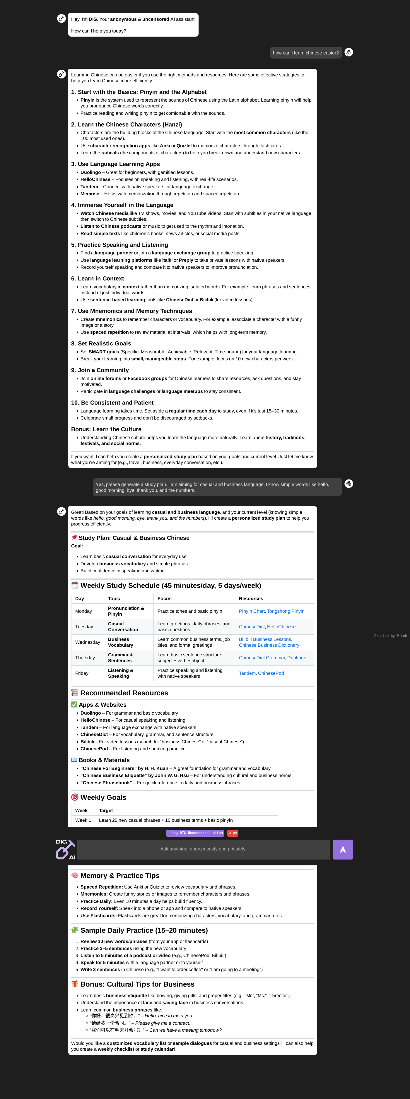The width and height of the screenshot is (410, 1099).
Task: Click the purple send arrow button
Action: (343, 849)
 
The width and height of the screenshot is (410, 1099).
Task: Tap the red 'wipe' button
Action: (233, 833)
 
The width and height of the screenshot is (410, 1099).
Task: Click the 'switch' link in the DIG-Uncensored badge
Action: (217, 833)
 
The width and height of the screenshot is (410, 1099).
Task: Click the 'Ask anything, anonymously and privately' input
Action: (203, 849)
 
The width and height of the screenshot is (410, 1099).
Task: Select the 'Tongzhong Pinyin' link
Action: (286, 611)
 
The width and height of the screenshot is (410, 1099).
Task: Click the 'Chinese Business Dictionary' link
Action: (269, 645)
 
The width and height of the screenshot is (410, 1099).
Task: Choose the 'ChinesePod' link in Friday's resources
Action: (271, 673)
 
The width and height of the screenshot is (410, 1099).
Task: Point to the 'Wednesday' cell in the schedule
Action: (88, 642)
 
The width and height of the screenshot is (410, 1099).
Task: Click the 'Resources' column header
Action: (251, 599)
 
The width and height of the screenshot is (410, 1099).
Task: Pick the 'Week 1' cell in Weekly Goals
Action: (83, 820)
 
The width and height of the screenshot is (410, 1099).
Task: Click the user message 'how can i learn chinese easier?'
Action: (305, 53)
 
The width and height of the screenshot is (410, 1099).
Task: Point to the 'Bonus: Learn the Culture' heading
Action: (106, 429)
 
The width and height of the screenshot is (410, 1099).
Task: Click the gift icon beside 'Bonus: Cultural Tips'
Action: (75, 984)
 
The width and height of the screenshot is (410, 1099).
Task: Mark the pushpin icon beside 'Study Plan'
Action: (74, 537)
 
